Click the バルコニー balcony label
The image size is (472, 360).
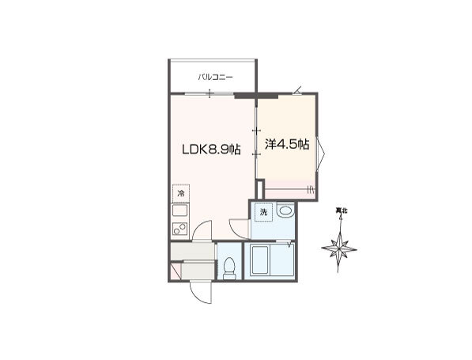point(215,78)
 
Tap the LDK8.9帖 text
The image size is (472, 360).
point(211,149)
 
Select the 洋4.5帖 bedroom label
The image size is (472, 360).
point(287,144)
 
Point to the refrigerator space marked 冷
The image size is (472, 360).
point(180,193)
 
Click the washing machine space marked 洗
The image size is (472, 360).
point(264,212)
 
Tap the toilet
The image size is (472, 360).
point(229,268)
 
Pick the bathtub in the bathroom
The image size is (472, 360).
point(261,260)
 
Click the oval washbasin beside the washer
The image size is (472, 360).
point(285,210)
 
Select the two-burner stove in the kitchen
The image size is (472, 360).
point(180,229)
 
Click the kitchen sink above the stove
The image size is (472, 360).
point(180,210)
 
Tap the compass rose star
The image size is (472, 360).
point(339,249)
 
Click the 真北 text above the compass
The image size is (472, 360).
point(342,211)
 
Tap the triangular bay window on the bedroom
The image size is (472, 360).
point(320,154)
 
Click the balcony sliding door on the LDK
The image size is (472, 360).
point(210,93)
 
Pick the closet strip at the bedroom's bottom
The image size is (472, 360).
point(289,190)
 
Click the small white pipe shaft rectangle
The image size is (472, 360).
point(259,189)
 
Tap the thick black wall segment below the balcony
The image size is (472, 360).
point(256,96)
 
